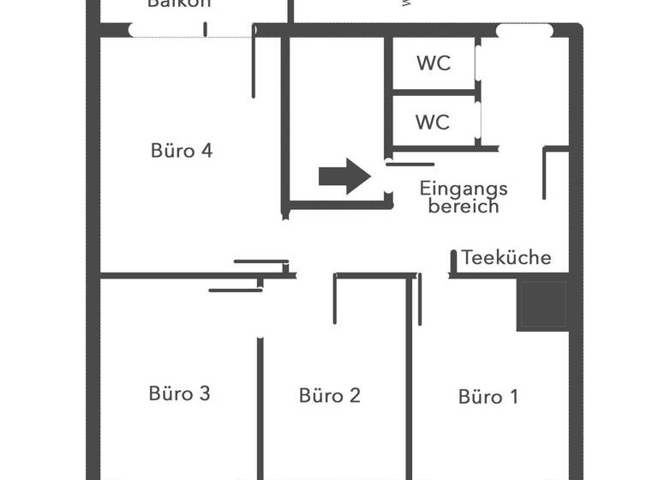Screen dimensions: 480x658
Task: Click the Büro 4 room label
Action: click(181, 151)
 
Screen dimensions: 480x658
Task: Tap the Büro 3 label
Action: click(179, 393)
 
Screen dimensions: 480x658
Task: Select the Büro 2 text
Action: click(330, 395)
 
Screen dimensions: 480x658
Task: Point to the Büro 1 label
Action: click(488, 397)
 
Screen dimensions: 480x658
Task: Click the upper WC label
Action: click(433, 63)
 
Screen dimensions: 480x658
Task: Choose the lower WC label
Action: click(433, 123)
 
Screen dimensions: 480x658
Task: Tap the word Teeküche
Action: click(506, 258)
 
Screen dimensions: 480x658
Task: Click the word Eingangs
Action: click(464, 189)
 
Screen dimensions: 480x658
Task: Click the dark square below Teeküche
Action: click(542, 305)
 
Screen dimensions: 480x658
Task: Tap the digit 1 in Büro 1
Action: click(513, 397)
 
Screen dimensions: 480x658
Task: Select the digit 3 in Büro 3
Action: click(204, 393)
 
